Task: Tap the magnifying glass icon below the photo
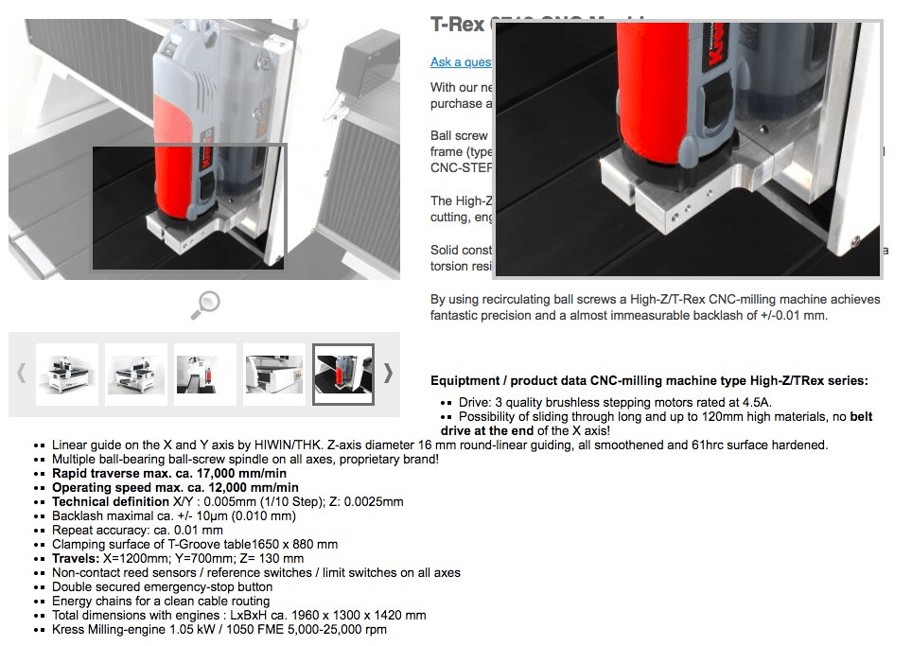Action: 205,304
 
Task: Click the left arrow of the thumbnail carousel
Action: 22,374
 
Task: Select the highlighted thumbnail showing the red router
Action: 343,375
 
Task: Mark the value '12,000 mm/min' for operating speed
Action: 254,487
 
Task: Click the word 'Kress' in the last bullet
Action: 68,629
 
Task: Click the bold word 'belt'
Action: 861,416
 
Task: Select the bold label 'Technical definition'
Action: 110,501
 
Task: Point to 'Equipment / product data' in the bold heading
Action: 508,381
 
